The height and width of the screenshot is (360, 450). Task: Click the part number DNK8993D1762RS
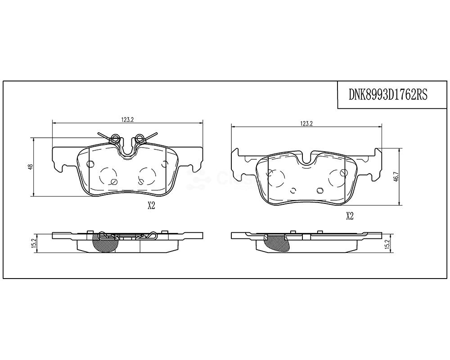pyautogui.click(x=388, y=95)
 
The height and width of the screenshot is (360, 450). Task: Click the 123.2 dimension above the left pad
pyautogui.click(x=128, y=119)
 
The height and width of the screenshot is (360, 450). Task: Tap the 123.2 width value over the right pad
pyautogui.click(x=306, y=123)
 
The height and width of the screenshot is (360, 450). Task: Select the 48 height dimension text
pyautogui.click(x=30, y=167)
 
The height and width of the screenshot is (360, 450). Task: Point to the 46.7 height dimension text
pyautogui.click(x=396, y=175)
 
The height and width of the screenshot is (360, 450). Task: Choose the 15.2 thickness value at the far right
pyautogui.click(x=387, y=244)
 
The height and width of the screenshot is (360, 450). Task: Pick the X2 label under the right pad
pyautogui.click(x=350, y=216)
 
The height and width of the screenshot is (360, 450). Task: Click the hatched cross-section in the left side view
pyautogui.click(x=104, y=243)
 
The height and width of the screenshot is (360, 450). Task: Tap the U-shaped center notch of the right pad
pyautogui.click(x=308, y=160)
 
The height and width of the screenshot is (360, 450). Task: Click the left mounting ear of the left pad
pyautogui.click(x=61, y=160)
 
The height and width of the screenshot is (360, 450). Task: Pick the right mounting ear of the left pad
pyautogui.click(x=193, y=160)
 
